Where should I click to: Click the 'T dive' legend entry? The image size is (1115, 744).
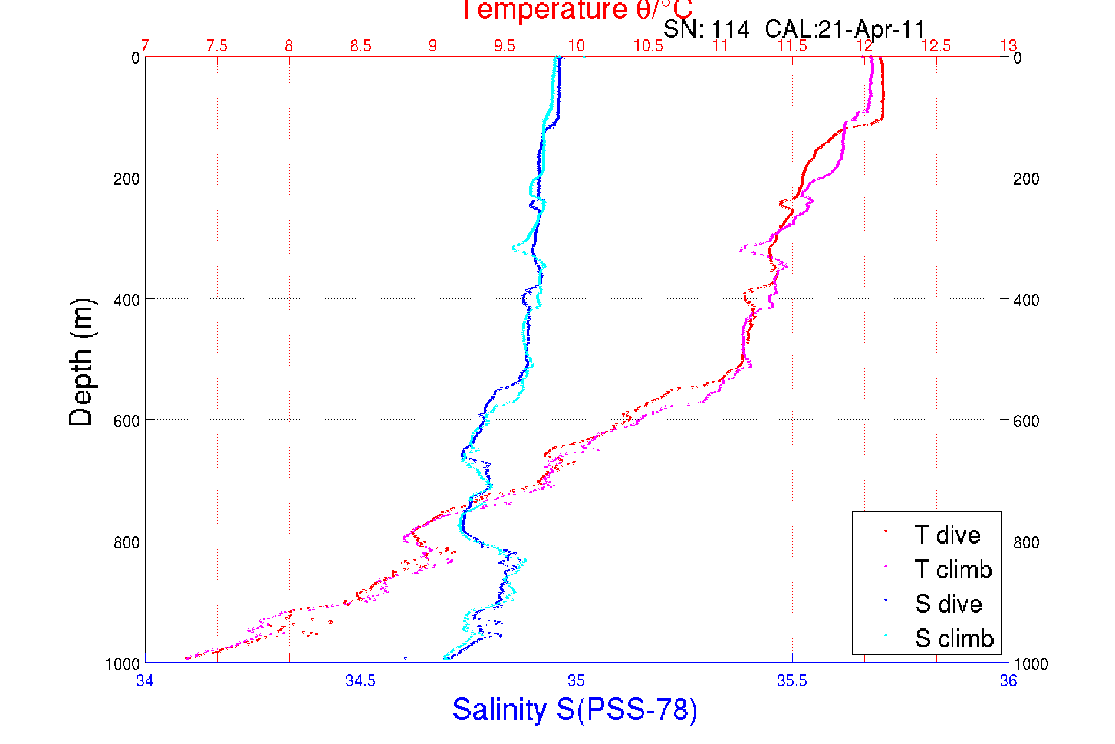pyautogui.click(x=947, y=535)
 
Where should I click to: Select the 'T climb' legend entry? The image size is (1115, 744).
pyautogui.click(x=953, y=569)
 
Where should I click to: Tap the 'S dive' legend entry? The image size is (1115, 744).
pyautogui.click(x=948, y=604)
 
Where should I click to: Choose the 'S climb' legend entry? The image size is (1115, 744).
pyautogui.click(x=954, y=638)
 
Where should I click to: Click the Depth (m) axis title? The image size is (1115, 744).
pyautogui.click(x=81, y=362)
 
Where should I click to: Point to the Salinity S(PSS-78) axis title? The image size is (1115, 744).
pyautogui.click(x=575, y=709)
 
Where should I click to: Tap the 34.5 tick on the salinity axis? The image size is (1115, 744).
pyautogui.click(x=360, y=681)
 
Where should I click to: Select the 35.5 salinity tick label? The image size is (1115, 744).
pyautogui.click(x=792, y=681)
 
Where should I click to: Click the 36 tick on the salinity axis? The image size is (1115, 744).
pyautogui.click(x=1008, y=681)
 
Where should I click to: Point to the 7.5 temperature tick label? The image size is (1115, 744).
pyautogui.click(x=217, y=46)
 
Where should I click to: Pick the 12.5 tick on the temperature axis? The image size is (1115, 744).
pyautogui.click(x=936, y=46)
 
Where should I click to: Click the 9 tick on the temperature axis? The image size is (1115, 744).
pyautogui.click(x=433, y=46)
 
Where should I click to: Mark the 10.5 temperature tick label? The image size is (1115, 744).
pyautogui.click(x=648, y=46)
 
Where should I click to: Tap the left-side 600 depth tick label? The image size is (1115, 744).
pyautogui.click(x=127, y=421)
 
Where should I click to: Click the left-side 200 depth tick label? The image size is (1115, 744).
pyautogui.click(x=127, y=179)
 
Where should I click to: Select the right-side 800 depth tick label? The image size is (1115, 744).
pyautogui.click(x=1026, y=542)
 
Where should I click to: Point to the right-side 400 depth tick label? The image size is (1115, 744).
pyautogui.click(x=1026, y=300)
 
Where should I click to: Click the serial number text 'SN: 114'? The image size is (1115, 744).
pyautogui.click(x=706, y=29)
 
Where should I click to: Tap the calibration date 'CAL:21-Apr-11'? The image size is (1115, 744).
pyautogui.click(x=845, y=29)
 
